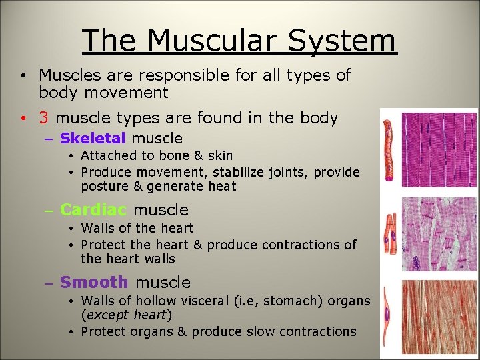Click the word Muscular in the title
[x=213, y=41]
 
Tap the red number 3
[x=43, y=118]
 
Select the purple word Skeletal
[x=93, y=139]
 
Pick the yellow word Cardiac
[x=93, y=209]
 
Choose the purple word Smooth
[x=94, y=283]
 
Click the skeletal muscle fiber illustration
[x=391, y=151]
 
